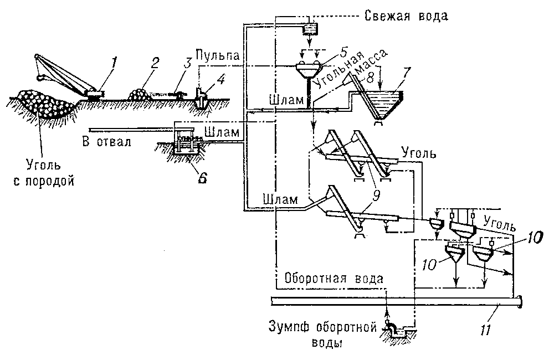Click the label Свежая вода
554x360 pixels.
(406, 15)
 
